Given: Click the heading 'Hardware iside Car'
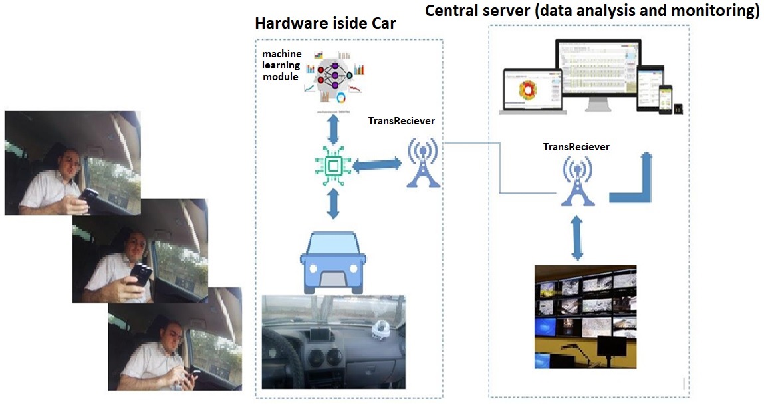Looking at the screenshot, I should (325, 24).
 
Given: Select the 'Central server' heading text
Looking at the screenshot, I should (591, 11).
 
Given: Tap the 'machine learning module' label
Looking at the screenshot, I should (281, 65).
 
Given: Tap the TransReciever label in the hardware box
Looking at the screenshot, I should (402, 121).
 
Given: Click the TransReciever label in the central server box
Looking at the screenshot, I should (576, 147).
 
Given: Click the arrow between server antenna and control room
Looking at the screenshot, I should (576, 237).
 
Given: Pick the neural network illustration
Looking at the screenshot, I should (334, 76).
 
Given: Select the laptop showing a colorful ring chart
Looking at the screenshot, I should (531, 89).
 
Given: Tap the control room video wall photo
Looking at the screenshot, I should (585, 316).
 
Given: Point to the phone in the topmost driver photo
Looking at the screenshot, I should (88, 194).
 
